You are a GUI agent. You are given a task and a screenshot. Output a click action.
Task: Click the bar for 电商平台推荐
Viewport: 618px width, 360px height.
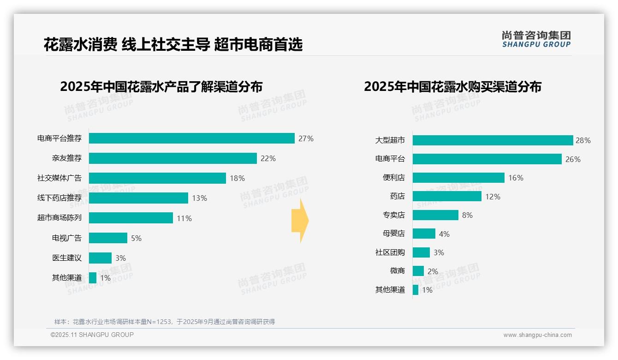pos(191,138)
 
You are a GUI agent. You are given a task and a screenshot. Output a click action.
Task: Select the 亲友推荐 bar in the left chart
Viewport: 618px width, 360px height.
pos(172,158)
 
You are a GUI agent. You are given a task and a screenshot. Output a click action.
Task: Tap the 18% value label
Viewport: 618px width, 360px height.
pos(237,178)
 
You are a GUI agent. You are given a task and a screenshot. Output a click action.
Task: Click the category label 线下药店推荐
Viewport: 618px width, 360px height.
pos(59,198)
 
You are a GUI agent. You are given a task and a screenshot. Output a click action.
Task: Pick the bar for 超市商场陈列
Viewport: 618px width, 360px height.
pos(131,218)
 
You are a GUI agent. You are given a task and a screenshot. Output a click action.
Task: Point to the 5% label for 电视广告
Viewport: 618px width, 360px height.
pos(136,238)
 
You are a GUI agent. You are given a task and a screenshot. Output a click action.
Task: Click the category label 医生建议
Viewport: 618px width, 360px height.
pos(67,258)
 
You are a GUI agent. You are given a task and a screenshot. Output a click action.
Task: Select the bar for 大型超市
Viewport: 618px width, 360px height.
pos(493,140)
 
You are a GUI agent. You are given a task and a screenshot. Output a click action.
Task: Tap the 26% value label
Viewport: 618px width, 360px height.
pos(573,159)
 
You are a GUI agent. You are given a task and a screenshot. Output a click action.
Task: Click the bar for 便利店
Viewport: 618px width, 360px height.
pos(458,178)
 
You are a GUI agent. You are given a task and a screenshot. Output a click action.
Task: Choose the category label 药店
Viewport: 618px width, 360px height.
pos(397,197)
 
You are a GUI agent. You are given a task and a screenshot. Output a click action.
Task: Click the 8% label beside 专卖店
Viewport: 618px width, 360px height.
pos(467,215)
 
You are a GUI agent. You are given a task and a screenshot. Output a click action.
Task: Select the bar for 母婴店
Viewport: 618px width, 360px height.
pos(424,234)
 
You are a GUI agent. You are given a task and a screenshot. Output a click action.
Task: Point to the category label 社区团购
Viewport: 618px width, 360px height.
pos(390,252)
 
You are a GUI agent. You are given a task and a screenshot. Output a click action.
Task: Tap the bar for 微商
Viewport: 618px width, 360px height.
pos(418,271)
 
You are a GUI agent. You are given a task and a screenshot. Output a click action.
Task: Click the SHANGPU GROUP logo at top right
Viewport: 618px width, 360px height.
pos(536,39)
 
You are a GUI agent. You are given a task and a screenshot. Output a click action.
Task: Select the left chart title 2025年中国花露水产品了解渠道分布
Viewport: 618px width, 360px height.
pos(161,87)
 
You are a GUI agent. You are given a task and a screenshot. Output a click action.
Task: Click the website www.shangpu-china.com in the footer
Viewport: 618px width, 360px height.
pos(537,335)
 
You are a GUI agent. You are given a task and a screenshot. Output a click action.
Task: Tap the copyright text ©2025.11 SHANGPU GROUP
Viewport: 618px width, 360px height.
pos(92,335)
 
